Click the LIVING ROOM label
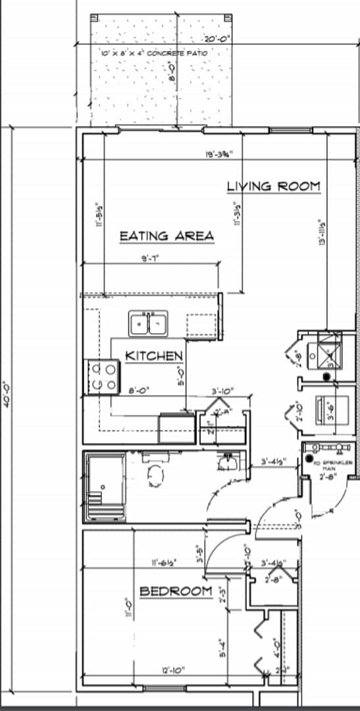point(273,186)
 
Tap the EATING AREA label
point(167,236)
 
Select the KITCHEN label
point(154,356)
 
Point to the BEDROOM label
point(176,591)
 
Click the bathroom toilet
point(155,474)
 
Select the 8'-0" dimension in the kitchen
point(137,390)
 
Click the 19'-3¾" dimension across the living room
point(217,155)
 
